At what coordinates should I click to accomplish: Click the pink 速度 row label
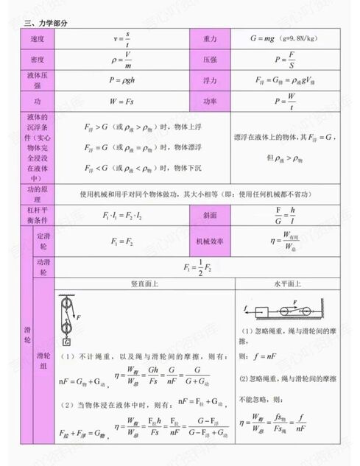pyautogui.click(x=37, y=38)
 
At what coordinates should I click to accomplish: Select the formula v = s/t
pyautogui.click(x=122, y=39)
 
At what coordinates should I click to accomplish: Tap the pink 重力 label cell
pyautogui.click(x=211, y=38)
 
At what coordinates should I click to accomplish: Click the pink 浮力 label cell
pyautogui.click(x=211, y=80)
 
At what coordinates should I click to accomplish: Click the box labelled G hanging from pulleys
pyautogui.click(x=67, y=342)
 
